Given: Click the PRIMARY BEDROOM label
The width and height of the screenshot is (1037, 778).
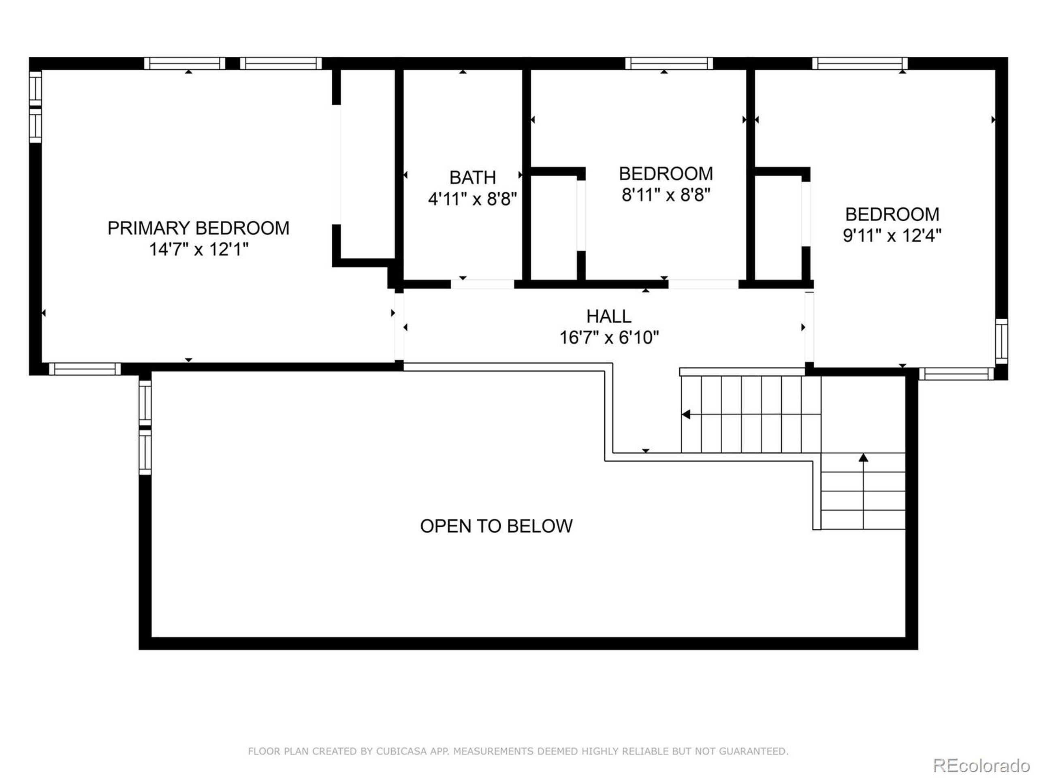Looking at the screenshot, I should pyautogui.click(x=198, y=229).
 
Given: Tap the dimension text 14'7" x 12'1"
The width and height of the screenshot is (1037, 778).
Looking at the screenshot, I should pyautogui.click(x=198, y=250).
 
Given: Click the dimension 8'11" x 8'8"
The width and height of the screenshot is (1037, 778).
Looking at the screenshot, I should pyautogui.click(x=666, y=194).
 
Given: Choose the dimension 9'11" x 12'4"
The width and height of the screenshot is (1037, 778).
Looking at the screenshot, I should pyautogui.click(x=892, y=235).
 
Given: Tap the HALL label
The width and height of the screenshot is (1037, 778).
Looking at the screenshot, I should pyautogui.click(x=608, y=316).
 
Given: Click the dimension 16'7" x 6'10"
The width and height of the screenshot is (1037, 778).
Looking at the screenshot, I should pyautogui.click(x=608, y=338).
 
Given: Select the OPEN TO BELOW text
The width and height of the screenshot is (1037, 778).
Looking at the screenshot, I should pyautogui.click(x=496, y=526).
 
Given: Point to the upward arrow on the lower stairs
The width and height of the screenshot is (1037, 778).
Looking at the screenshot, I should pyautogui.click(x=863, y=457).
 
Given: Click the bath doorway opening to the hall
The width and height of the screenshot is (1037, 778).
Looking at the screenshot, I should pyautogui.click(x=482, y=284).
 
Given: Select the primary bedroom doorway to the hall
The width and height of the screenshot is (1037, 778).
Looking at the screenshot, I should pyautogui.click(x=399, y=326).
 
